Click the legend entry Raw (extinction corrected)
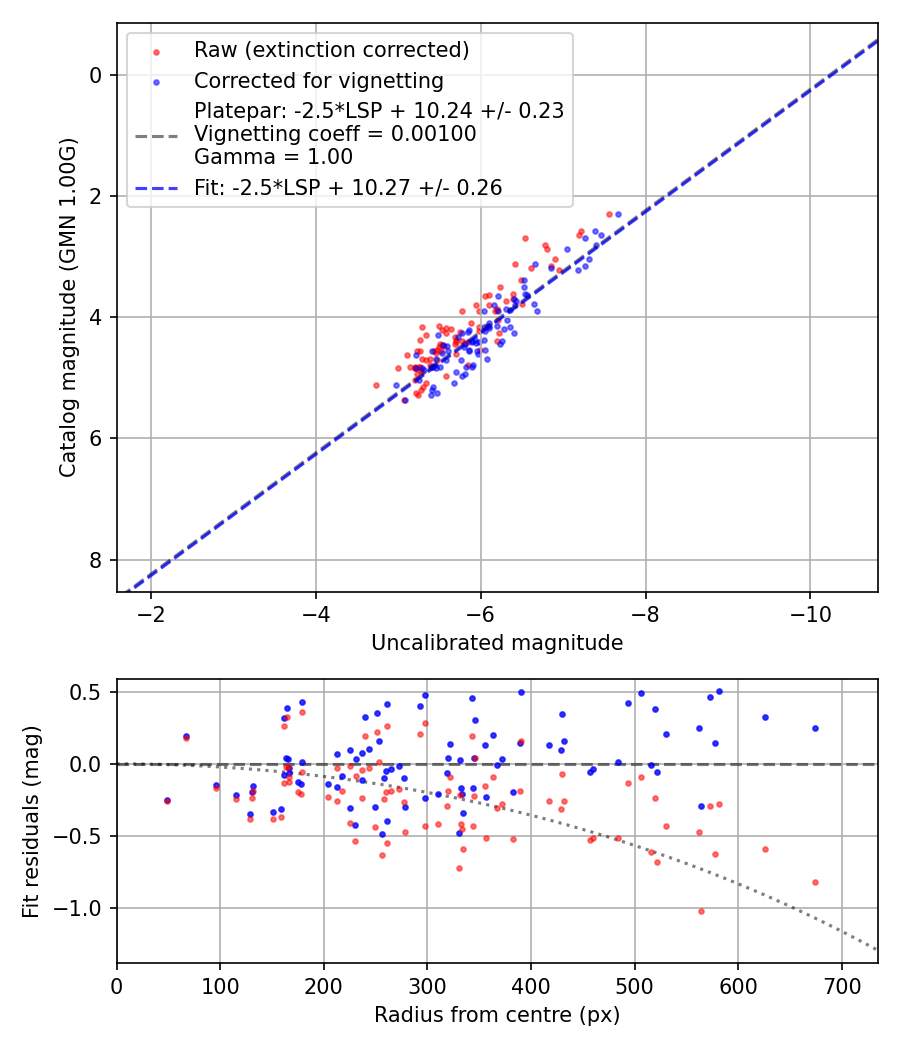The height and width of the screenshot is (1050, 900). pos(331,50)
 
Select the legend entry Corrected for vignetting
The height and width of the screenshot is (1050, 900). pos(319,80)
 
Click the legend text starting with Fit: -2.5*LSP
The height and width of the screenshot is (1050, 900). pos(348,187)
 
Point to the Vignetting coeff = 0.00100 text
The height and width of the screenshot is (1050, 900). pos(335,133)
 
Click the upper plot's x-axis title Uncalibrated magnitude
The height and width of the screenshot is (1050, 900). pos(497,643)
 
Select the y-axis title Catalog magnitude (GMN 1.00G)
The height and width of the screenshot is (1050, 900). pos(67,308)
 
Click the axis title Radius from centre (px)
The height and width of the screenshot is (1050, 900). pos(497,1015)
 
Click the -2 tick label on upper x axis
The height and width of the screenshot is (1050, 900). pos(151,613)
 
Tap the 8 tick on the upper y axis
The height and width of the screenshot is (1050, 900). pos(95,560)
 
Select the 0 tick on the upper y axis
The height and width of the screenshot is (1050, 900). pos(95,75)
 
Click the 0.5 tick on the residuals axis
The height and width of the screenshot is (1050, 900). pos(89,692)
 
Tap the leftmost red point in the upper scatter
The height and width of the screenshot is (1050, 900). pos(376,385)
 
